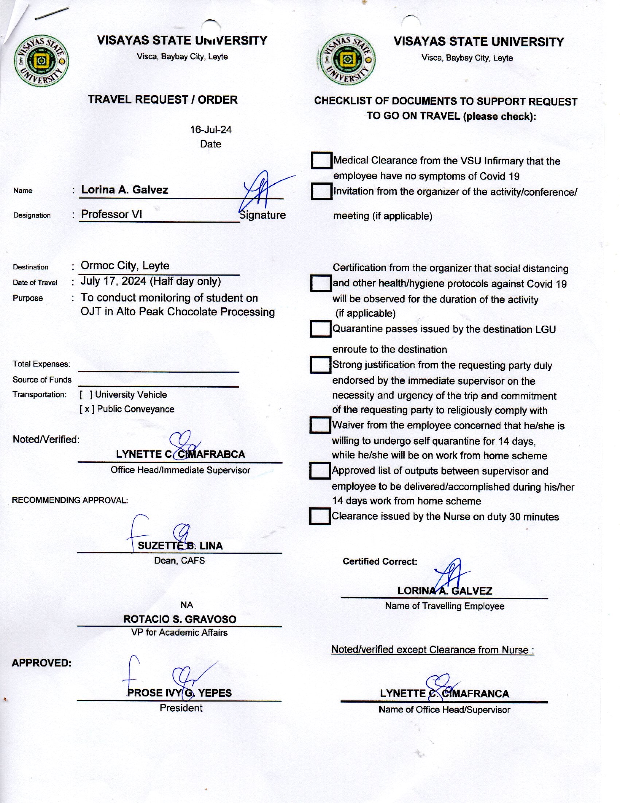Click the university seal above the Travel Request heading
[41, 61]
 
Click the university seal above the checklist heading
[348, 59]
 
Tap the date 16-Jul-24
[211, 130]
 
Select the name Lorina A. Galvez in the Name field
[124, 190]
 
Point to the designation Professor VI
[111, 214]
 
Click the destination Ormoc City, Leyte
[125, 265]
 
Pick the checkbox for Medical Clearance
[321, 161]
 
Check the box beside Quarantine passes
[320, 329]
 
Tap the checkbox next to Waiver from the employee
[320, 425]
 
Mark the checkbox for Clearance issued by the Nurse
[319, 516]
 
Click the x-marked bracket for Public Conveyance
[87, 409]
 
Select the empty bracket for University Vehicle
[86, 395]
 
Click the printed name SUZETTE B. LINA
[180, 546]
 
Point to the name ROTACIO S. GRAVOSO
[179, 619]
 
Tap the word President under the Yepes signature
[181, 708]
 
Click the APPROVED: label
[42, 663]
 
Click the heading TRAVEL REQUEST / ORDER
[163, 100]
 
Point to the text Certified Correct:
[380, 561]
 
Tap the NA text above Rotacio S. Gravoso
[187, 605]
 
